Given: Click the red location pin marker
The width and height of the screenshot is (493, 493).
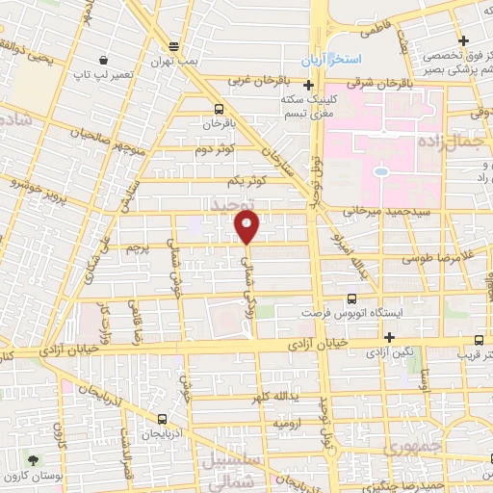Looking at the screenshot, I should (247, 227).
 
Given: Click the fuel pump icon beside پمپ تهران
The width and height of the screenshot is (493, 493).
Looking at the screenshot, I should (173, 46).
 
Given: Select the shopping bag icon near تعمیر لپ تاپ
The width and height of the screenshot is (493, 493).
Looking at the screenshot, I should (103, 58).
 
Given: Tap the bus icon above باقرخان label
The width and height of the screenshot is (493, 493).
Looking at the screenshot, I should (219, 109).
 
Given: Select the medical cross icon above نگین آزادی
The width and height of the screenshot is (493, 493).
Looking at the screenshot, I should (389, 337).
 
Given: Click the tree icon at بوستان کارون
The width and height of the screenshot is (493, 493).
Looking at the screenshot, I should (35, 461).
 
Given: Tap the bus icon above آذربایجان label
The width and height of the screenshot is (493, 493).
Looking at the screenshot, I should (161, 420).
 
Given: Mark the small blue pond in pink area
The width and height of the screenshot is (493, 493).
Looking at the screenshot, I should (381, 172).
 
